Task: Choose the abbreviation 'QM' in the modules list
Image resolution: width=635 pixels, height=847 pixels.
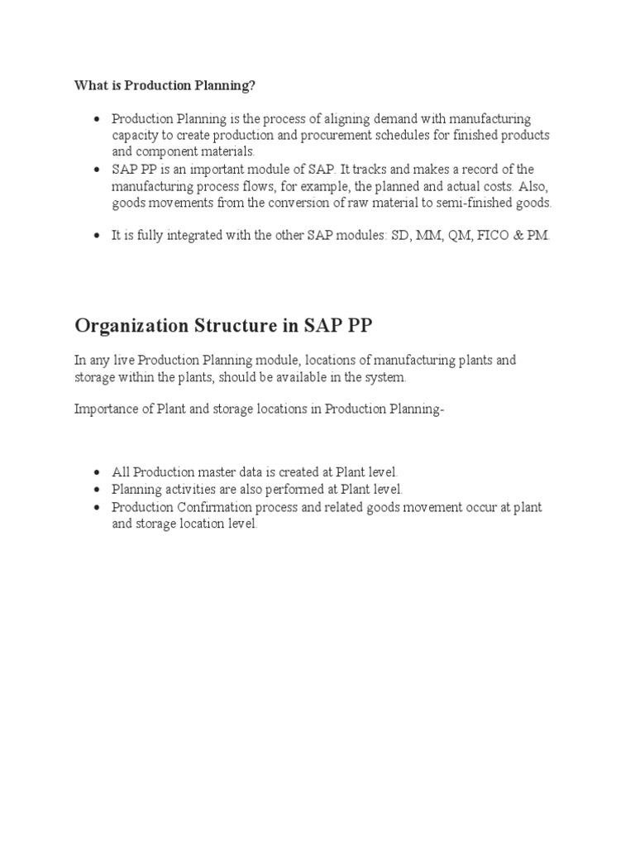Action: click(x=457, y=236)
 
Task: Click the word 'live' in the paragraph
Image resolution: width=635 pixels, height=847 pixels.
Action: click(x=123, y=361)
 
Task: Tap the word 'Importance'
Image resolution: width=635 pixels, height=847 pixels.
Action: click(x=105, y=408)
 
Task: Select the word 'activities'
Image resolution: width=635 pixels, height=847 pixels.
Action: click(x=189, y=489)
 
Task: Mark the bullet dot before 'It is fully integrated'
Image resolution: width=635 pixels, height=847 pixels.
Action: click(x=98, y=237)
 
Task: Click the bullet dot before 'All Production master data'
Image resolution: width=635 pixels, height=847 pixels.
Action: click(x=98, y=472)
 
